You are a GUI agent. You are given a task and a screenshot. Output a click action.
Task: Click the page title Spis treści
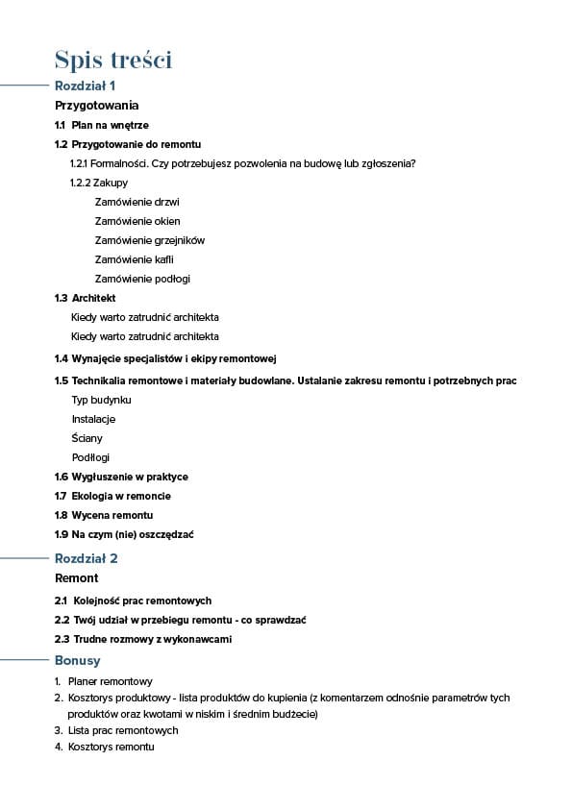(x=113, y=60)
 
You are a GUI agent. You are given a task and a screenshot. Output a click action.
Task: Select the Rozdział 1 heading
(x=86, y=86)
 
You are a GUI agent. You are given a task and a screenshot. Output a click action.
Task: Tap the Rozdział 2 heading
(x=87, y=558)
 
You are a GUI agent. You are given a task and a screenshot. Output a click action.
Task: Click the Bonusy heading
(x=77, y=661)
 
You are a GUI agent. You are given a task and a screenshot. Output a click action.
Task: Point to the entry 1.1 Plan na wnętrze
(x=102, y=125)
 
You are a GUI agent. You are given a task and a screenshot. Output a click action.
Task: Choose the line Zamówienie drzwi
(x=137, y=202)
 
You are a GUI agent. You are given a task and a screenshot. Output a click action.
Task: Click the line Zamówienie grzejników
(x=149, y=240)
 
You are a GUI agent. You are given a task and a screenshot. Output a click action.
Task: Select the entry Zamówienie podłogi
(x=142, y=279)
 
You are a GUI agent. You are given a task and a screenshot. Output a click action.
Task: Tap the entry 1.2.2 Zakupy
(x=99, y=183)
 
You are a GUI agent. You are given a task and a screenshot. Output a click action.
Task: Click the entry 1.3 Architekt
(x=86, y=298)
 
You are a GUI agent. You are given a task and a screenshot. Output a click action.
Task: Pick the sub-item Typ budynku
(x=101, y=400)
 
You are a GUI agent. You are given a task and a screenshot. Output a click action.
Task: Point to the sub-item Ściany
(x=87, y=438)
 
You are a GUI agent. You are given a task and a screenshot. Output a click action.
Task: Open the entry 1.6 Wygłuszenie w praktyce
(x=121, y=477)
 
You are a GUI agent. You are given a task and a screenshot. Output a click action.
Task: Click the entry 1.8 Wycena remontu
(x=104, y=515)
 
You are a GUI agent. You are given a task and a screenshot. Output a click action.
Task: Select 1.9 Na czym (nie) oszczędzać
(x=124, y=534)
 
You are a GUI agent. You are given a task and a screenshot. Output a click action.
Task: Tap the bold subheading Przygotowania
(x=97, y=106)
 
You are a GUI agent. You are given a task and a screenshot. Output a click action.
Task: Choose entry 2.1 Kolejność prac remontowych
(x=133, y=601)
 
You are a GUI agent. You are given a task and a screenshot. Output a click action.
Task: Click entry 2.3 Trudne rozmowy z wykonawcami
(x=143, y=639)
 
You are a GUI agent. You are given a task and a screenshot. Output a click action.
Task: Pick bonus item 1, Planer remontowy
(x=104, y=680)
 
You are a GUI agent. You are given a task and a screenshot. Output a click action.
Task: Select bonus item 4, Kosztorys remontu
(x=104, y=747)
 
